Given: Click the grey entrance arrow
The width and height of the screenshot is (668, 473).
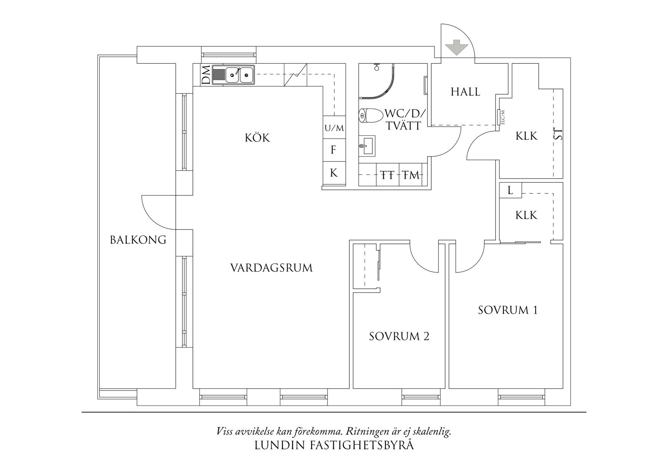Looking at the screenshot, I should pos(456,47).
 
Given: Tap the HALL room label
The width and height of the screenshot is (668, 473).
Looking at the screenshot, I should pos(465,92).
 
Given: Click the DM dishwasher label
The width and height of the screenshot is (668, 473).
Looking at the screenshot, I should pos(206,75).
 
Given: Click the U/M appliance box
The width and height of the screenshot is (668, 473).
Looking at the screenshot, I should pos(334,128).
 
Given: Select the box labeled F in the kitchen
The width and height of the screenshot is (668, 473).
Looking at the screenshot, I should pos(334,150).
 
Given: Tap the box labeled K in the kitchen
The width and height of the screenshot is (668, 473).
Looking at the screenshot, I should pos(334,173).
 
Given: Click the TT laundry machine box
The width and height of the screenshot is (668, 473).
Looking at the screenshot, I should pos(387,175).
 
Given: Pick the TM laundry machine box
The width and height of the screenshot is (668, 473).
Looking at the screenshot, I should pos(411,175).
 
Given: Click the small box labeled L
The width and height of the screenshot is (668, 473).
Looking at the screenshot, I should pos(510,190).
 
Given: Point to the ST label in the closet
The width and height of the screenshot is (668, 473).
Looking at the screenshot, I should pos(558,135).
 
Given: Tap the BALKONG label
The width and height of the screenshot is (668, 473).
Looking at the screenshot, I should pos(138,240).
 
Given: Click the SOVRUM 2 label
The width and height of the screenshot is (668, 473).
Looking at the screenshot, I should pos(399,336).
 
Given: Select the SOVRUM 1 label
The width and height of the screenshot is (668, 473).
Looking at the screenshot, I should pos(508,310).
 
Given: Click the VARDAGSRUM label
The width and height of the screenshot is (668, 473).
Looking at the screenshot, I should pos(271,268).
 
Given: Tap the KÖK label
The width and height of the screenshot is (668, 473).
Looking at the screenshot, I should pos(257,138).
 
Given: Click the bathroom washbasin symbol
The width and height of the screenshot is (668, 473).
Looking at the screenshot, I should pos(367,145).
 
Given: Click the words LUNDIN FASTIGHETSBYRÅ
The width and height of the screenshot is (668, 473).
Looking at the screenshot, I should pos(334,446).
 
